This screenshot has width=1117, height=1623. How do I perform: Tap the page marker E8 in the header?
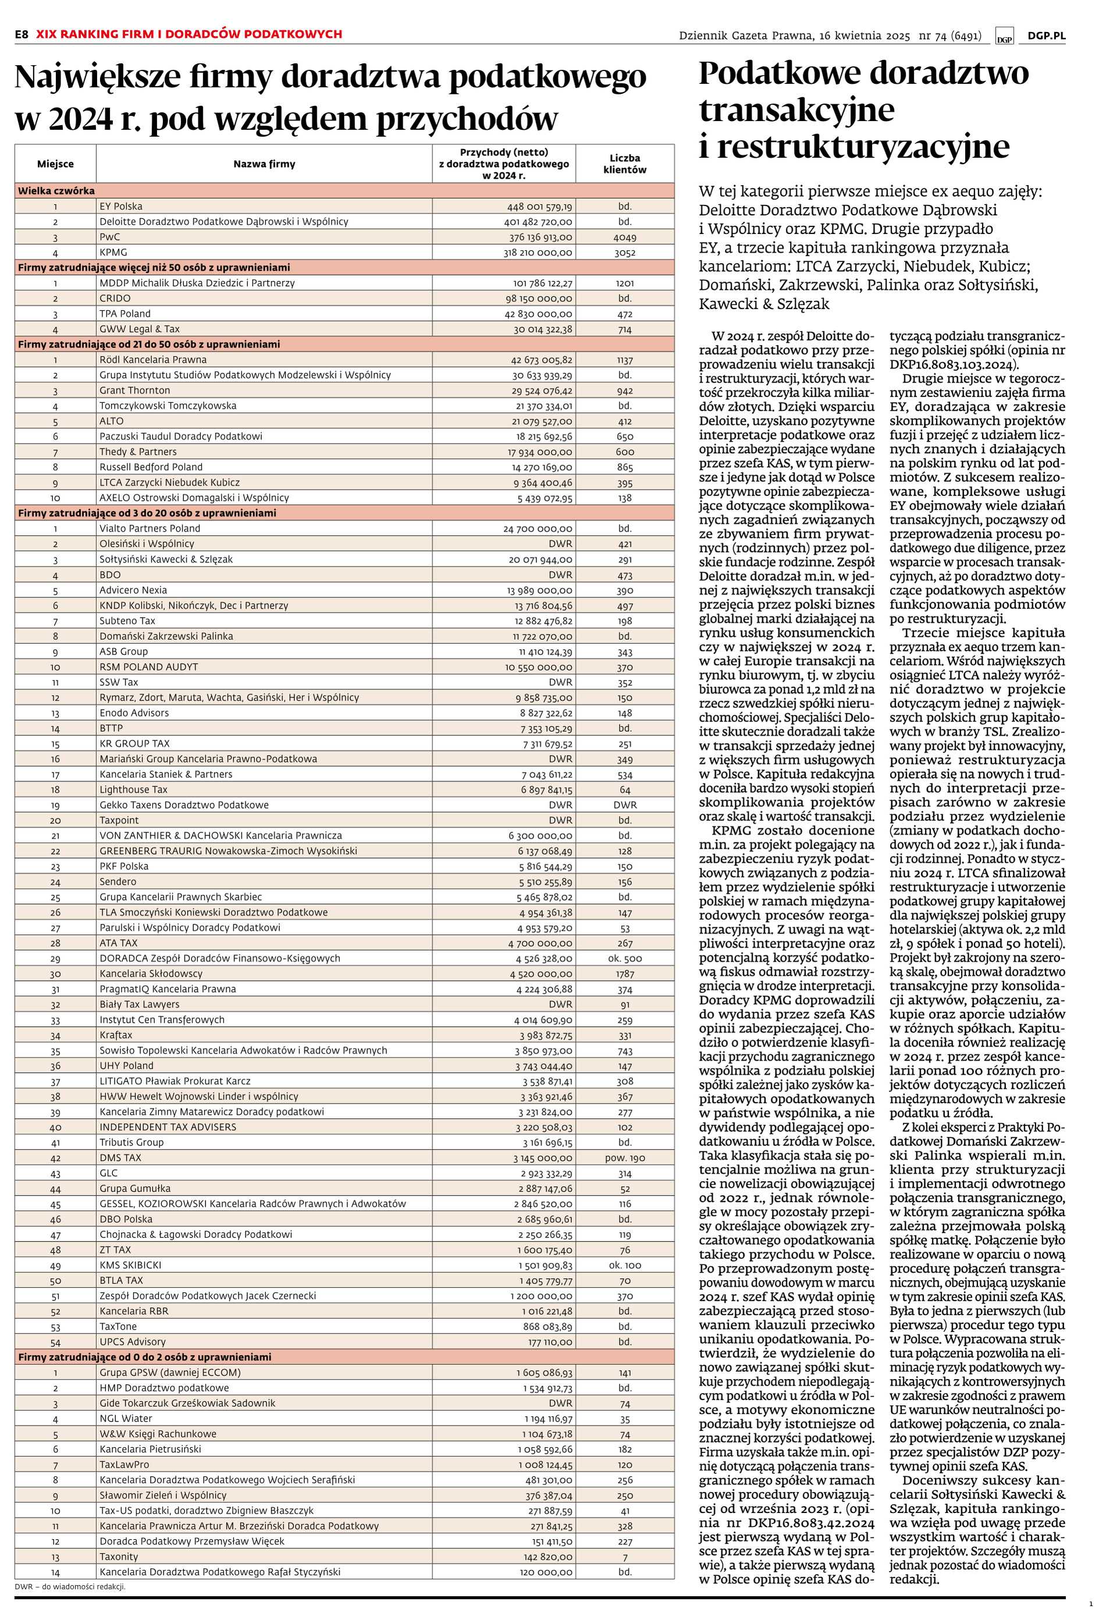click(22, 34)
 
